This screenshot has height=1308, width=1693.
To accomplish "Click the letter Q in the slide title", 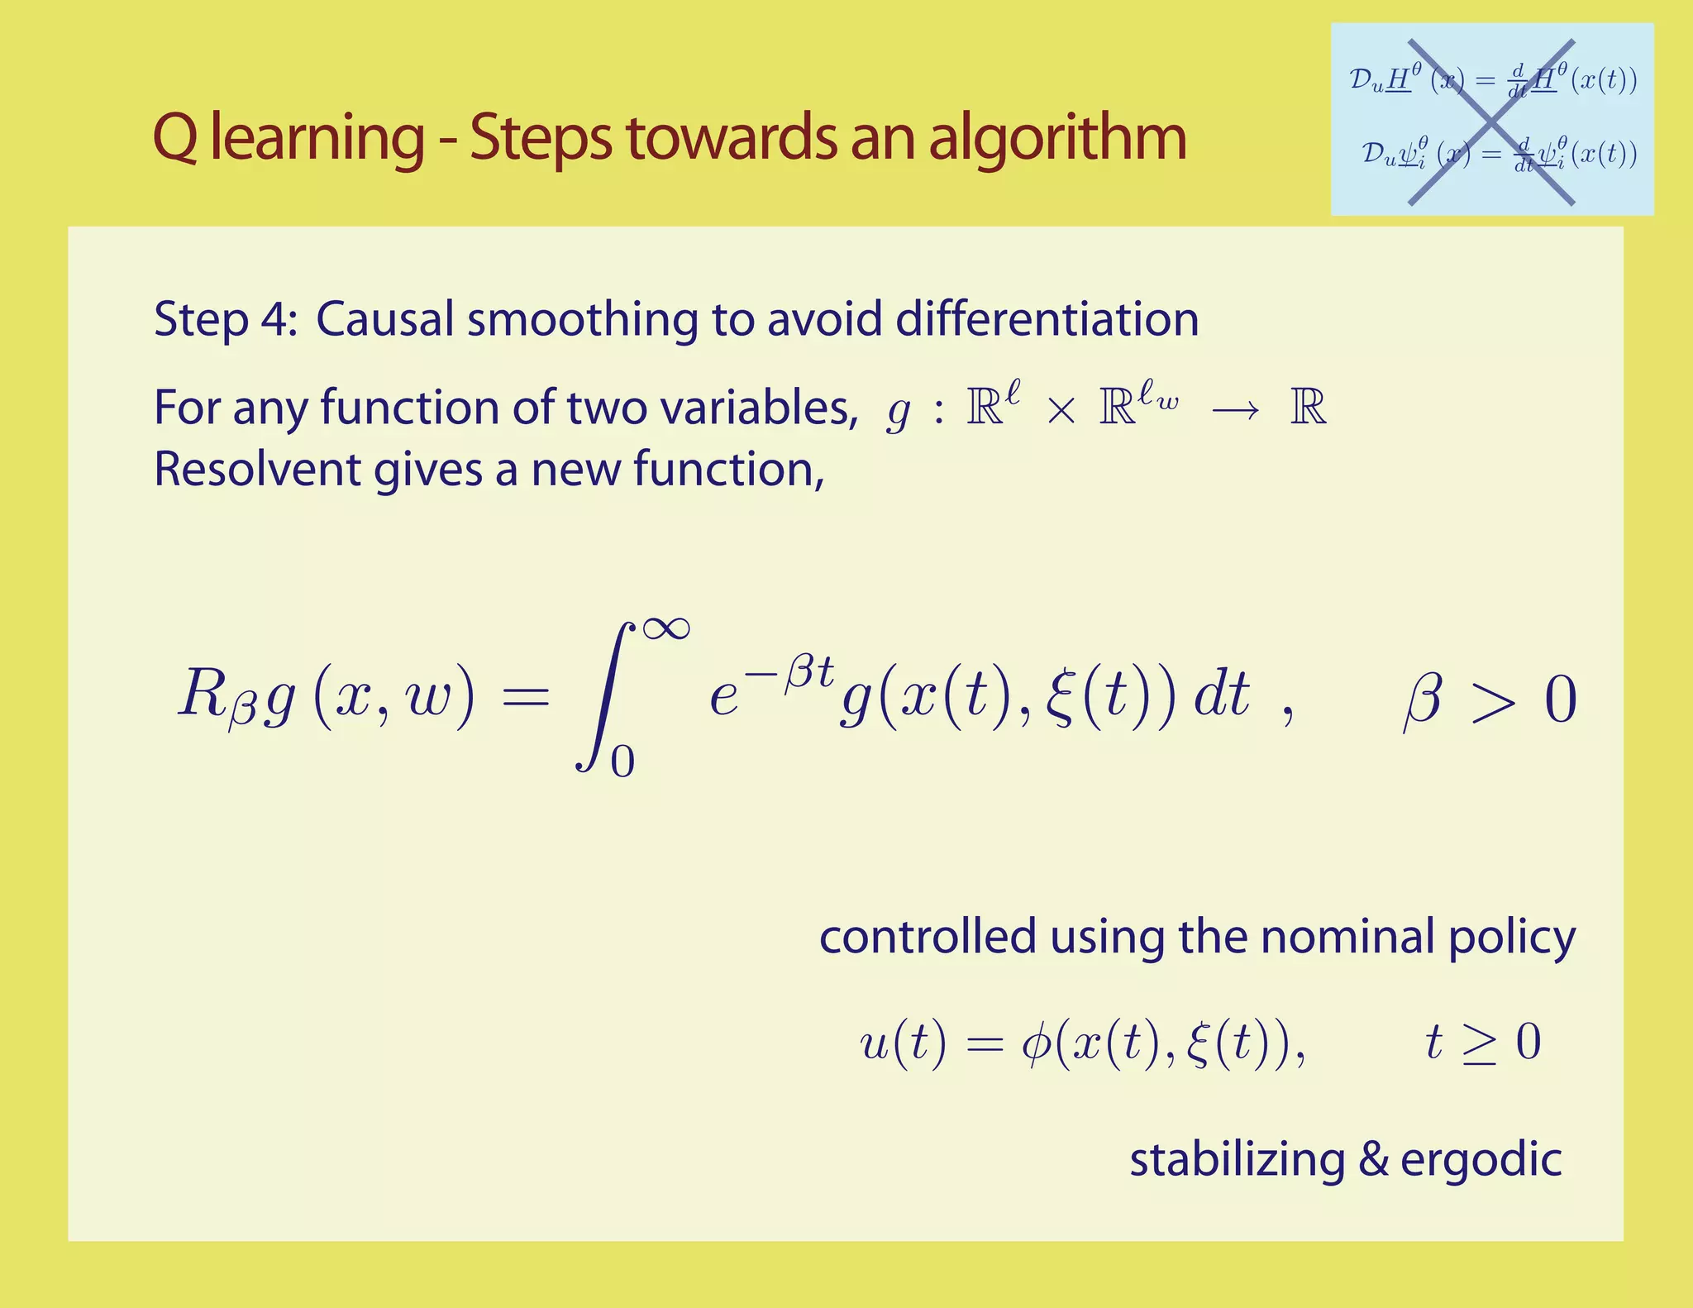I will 175,138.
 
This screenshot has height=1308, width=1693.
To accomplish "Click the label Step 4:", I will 225,319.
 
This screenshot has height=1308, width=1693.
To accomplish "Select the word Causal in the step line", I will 384,319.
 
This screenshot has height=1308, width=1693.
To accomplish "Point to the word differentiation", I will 1047,319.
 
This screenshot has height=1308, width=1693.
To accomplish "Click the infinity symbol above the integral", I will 665,628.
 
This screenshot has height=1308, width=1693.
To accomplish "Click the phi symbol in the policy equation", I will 1035,1043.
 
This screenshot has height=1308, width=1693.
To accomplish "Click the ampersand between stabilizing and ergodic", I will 1373,1159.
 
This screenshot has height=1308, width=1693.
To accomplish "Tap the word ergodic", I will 1481,1161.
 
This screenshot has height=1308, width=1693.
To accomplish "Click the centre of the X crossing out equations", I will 1490,122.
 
